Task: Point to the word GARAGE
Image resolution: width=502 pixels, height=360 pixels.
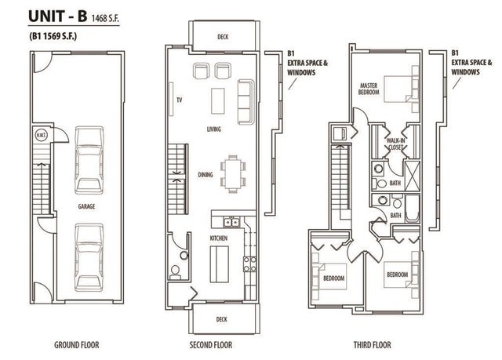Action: tap(86, 206)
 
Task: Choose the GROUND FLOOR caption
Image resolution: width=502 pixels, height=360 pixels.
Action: tap(76, 344)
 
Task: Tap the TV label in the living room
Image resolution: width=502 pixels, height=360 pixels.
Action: tap(179, 100)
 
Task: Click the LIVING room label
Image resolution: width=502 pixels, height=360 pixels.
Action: tap(213, 129)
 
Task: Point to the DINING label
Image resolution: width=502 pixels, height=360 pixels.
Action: tap(205, 176)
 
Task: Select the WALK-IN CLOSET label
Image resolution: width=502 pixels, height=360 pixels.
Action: tap(395, 144)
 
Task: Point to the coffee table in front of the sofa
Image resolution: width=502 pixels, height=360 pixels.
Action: tap(220, 98)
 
